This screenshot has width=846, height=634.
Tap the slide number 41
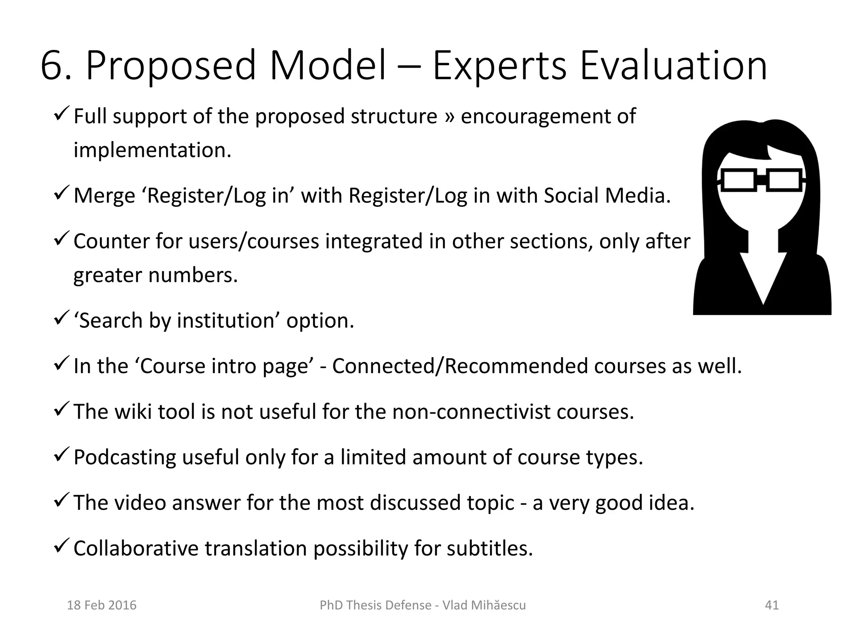coord(772,605)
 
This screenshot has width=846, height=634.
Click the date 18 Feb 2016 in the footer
coord(102,605)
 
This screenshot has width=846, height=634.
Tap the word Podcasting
coord(125,457)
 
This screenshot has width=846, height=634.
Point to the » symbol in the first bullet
coord(449,117)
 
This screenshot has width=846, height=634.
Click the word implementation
coord(152,150)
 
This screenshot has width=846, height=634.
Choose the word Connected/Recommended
coord(460,366)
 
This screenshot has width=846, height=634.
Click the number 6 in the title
coord(54,66)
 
